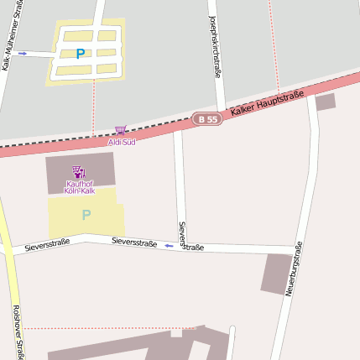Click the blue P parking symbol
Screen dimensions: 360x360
80,54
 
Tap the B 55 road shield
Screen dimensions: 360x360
207,119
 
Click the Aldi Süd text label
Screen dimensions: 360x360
123,142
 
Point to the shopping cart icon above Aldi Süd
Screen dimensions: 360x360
121,131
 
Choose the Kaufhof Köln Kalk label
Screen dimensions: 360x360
81,187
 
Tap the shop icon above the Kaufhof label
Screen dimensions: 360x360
79,171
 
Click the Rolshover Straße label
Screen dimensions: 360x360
16,331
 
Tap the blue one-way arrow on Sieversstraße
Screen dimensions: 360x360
169,246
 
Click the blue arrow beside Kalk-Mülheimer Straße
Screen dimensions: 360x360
23,53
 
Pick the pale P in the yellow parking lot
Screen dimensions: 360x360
86,215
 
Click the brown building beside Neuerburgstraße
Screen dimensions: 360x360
277,274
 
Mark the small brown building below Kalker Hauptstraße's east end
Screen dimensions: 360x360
325,102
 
